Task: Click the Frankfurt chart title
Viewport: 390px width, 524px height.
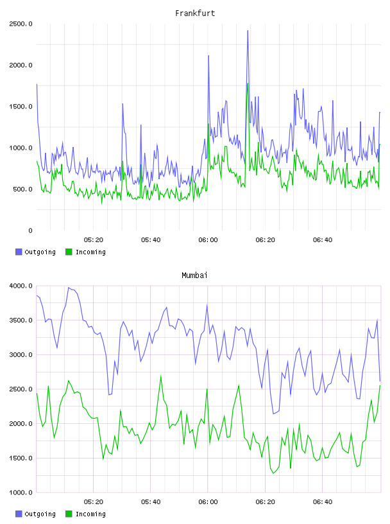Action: pyautogui.click(x=195, y=13)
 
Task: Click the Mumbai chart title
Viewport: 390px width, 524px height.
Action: pyautogui.click(x=194, y=275)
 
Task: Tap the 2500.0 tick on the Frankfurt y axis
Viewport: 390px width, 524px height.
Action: pyautogui.click(x=21, y=24)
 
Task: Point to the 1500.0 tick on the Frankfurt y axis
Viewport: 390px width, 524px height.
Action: pyautogui.click(x=21, y=107)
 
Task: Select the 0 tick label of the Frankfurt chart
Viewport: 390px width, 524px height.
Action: pyautogui.click(x=30, y=231)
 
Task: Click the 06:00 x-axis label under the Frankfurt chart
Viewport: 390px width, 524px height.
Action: pyautogui.click(x=208, y=240)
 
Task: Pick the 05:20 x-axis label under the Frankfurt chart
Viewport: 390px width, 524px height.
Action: pyautogui.click(x=94, y=240)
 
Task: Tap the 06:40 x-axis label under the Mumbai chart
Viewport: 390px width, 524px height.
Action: pyautogui.click(x=323, y=502)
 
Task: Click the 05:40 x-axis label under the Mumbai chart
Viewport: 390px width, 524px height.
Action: pyautogui.click(x=151, y=502)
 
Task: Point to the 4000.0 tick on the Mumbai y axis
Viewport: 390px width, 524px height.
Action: pyautogui.click(x=21, y=286)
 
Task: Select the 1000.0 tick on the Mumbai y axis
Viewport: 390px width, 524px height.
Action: pyautogui.click(x=21, y=493)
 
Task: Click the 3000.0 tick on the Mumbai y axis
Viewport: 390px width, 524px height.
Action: pyautogui.click(x=21, y=354)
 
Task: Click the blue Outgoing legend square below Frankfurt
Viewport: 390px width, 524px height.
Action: pyautogui.click(x=19, y=252)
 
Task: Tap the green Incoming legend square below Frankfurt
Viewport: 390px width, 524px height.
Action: pyautogui.click(x=69, y=252)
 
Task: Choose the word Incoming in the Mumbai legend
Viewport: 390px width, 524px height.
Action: pyautogui.click(x=90, y=514)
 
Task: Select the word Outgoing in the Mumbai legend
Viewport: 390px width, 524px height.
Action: pyautogui.click(x=40, y=514)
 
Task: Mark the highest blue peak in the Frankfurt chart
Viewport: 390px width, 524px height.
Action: pyautogui.click(x=248, y=31)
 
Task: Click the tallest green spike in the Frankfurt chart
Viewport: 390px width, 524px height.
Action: pyautogui.click(x=248, y=83)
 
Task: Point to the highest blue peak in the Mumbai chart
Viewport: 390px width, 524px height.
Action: pyautogui.click(x=69, y=288)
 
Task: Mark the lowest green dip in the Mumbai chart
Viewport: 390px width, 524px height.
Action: pyautogui.click(x=273, y=473)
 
